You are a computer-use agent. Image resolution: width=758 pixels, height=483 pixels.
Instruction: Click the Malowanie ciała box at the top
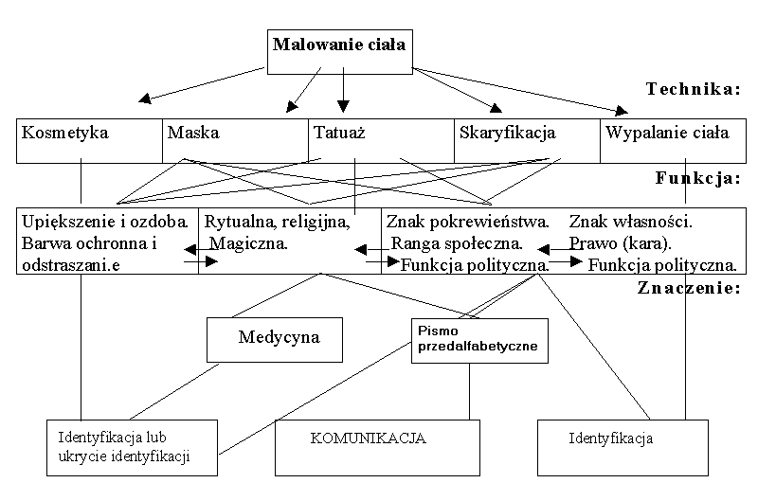point(339,45)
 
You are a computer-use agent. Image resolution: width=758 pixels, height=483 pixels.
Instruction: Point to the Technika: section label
point(693,89)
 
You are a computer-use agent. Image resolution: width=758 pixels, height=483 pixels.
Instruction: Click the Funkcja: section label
point(696,177)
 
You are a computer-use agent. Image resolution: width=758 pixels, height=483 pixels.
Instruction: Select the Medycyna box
point(279,337)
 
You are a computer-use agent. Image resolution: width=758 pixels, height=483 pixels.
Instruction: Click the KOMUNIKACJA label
point(368,439)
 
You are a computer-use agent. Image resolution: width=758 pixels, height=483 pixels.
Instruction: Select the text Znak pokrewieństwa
point(468,223)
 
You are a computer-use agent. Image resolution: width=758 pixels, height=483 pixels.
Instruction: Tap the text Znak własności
point(631,223)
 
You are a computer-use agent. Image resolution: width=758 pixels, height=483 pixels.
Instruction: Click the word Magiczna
point(249,243)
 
